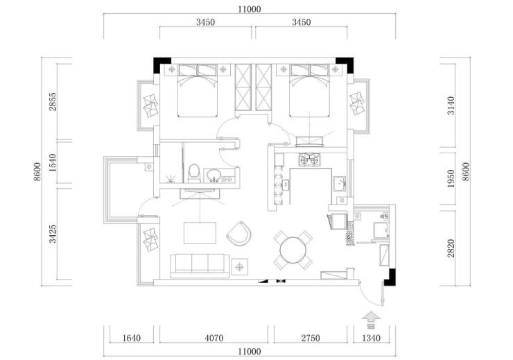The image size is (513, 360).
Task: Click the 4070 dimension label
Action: [x=214, y=337]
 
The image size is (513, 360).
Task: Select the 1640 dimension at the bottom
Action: [x=132, y=337]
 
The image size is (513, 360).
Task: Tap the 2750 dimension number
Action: [x=311, y=337]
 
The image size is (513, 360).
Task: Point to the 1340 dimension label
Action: [x=371, y=337]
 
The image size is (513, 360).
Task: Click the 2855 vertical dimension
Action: [x=53, y=102]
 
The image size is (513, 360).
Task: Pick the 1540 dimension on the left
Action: [x=53, y=162]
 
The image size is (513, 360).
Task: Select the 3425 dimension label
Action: [x=53, y=234]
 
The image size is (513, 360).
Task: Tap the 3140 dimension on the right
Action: [x=451, y=105]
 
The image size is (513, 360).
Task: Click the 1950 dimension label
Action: [x=451, y=178]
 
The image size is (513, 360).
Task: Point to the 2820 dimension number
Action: [x=451, y=248]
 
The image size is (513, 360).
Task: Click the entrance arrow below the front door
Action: [x=371, y=320]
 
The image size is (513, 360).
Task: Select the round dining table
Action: [x=293, y=250]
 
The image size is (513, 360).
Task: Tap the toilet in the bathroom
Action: [x=193, y=173]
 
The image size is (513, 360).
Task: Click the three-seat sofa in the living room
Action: [x=200, y=266]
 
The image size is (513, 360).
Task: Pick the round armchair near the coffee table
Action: [x=239, y=234]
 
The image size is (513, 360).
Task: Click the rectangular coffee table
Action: [x=200, y=233]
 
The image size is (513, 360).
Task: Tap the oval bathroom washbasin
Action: [x=214, y=174]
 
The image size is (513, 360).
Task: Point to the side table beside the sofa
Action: [x=240, y=267]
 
